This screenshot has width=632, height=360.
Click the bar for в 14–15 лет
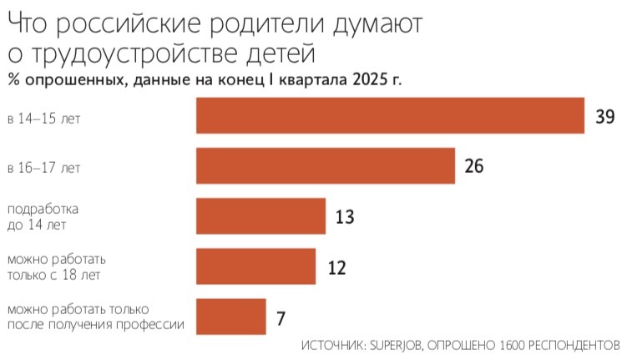click(x=390, y=116)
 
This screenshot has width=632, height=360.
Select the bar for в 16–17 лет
click(x=325, y=165)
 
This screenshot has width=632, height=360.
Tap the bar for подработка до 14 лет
click(x=260, y=216)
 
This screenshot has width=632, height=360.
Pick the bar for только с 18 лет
click(x=255, y=266)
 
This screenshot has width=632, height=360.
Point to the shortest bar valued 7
click(x=230, y=317)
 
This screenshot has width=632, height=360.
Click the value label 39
click(x=605, y=116)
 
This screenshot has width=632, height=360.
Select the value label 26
click(x=474, y=166)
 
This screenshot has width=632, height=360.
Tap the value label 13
click(x=344, y=217)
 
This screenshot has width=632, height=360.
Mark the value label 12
click(x=335, y=267)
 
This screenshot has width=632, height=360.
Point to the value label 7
click(x=281, y=318)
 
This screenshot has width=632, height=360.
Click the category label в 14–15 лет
click(x=43, y=119)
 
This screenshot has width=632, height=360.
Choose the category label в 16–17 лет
click(x=43, y=169)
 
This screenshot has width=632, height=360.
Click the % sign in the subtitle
click(x=13, y=80)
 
